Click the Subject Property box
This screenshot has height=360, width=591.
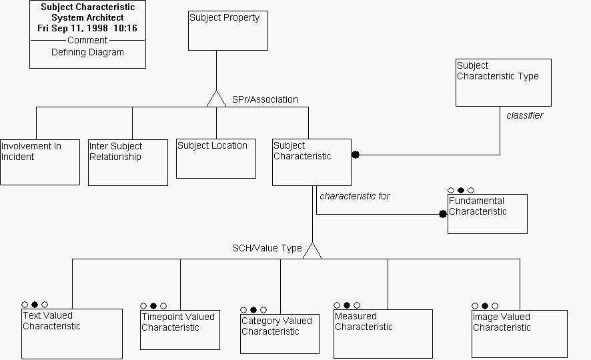pos(228,31)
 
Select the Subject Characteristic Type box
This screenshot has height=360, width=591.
pos(503,82)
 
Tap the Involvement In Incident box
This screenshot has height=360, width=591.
pos(40,162)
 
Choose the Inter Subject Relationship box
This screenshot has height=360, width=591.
pos(128,162)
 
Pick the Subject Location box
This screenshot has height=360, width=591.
pos(216,159)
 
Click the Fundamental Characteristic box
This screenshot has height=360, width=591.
pos(487,213)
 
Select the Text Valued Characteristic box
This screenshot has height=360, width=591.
pos(72,333)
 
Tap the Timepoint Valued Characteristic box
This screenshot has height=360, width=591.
pos(180,329)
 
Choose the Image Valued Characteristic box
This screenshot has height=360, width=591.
pos(519,333)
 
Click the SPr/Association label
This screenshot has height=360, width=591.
pos(265,99)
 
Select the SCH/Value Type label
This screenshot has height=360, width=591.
pos(267,248)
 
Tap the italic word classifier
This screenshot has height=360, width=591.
pos(524,115)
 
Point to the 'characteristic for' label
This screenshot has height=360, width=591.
pos(355,196)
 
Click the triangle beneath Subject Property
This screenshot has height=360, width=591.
pos(216,99)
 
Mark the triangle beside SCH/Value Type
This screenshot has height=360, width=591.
pos(312,251)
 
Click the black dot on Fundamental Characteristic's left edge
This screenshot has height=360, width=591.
pos(442,214)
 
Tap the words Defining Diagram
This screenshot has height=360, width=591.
pos(87,52)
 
